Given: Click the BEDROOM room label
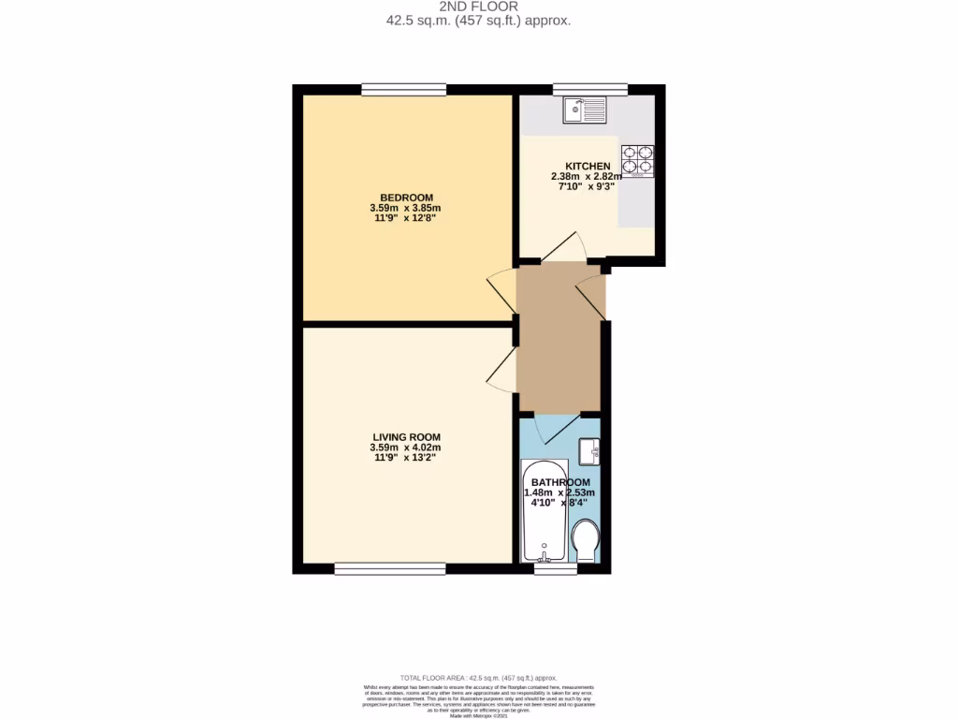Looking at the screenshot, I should tap(406, 197).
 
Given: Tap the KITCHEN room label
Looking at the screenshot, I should tap(587, 166).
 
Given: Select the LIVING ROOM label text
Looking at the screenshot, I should tap(406, 436).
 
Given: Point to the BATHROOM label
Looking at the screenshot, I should tap(560, 482).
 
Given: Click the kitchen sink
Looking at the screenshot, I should tap(585, 111).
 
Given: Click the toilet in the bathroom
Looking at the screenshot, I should tap(586, 541).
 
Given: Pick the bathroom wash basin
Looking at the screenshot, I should tap(589, 451).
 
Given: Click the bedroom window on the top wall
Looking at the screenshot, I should tap(403, 90).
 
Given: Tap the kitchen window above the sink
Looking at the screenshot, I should tap(589, 90).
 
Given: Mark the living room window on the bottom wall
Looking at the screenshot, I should tap(390, 568).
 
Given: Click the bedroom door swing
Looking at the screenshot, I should tap(501, 290).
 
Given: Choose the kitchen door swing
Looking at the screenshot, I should tap(564, 248).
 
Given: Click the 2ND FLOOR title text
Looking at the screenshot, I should tap(478, 6).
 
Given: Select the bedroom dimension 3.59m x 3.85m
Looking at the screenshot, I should tap(406, 207).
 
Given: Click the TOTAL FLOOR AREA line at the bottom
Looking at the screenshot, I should tap(478, 677).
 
